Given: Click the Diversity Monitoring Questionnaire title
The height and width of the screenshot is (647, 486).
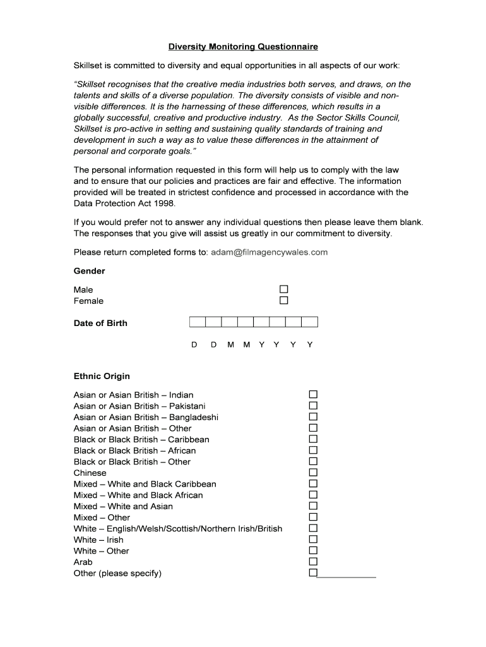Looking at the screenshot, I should [x=243, y=47].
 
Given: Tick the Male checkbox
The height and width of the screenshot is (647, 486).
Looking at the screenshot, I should [x=284, y=289].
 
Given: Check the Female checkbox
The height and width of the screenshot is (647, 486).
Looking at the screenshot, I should [x=284, y=301].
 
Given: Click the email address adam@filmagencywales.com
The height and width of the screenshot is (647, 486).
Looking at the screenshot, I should [x=270, y=252].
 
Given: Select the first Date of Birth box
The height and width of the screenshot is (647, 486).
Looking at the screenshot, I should [x=198, y=322].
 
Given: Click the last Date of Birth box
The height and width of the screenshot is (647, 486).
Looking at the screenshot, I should [x=309, y=322].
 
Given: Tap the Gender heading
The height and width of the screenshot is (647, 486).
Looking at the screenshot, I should [x=90, y=271].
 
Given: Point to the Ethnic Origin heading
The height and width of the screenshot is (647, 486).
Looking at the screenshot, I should [x=102, y=377].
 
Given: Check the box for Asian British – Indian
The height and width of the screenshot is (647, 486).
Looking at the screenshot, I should [x=313, y=395].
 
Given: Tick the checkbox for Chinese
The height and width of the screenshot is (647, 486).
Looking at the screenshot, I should [x=313, y=473].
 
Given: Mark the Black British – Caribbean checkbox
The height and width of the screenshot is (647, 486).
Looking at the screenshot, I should [x=313, y=439].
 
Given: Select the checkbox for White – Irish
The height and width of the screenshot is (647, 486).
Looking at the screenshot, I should [x=313, y=540].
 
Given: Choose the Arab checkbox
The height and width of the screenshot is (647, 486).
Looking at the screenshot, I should [x=313, y=562].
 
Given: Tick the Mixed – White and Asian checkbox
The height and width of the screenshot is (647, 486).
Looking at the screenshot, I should [x=313, y=506].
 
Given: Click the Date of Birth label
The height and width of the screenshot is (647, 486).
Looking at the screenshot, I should [x=100, y=323].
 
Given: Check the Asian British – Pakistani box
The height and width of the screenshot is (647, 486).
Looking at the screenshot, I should [x=313, y=406].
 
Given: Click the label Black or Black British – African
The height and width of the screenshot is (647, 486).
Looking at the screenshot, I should [x=134, y=450].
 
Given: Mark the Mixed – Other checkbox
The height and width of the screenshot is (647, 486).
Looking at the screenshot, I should [x=313, y=517].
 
